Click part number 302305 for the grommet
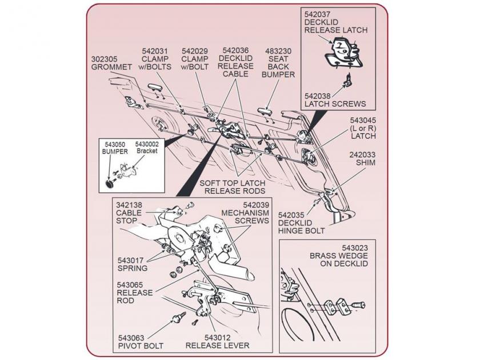(105, 58)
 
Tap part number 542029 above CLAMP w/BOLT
(195, 50)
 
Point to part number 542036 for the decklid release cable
(235, 50)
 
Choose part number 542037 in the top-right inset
(318, 14)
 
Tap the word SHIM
(366, 162)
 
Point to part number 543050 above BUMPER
(115, 144)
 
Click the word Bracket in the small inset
(147, 151)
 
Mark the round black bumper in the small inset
(111, 184)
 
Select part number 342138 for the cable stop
(129, 204)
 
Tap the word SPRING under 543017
(133, 268)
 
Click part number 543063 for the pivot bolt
(133, 338)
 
